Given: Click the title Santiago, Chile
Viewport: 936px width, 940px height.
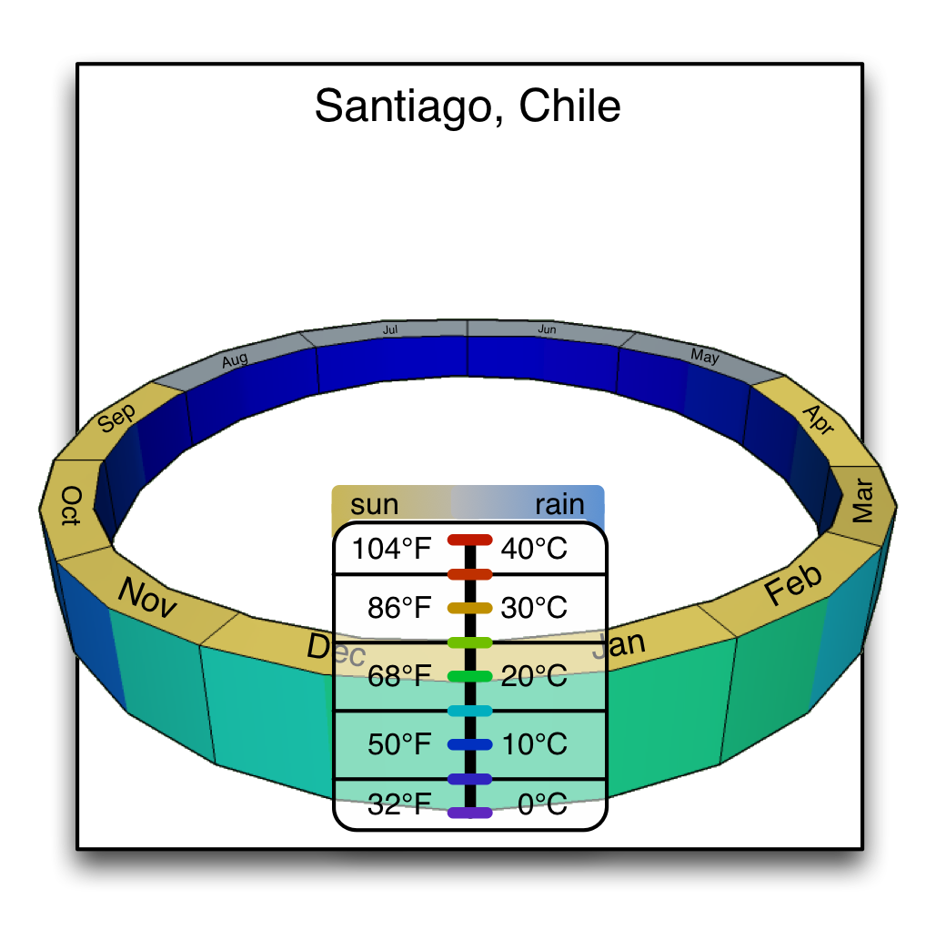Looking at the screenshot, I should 468,107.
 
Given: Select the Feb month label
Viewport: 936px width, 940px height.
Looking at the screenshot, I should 793,584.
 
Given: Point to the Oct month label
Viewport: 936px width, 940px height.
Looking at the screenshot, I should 71,507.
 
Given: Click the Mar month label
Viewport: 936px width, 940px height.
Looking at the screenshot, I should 862,501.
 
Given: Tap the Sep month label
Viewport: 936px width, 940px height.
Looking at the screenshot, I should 117,418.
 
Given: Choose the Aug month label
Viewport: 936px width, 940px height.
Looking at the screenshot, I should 235,361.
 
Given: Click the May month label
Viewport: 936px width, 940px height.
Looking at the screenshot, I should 704,356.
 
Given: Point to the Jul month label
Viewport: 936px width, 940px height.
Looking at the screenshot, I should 391,329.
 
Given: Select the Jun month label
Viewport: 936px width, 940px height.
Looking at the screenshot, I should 547,329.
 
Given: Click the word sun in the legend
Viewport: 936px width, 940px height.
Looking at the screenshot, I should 375,504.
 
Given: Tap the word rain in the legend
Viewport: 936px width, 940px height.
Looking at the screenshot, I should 559,504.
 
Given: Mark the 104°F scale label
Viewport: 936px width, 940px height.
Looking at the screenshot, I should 392,549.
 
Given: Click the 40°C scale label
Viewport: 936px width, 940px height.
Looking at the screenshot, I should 534,549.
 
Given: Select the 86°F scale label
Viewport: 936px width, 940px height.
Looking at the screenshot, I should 398,608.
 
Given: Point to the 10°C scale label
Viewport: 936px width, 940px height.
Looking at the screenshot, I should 534,744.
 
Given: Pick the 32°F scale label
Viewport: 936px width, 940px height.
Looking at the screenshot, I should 398,804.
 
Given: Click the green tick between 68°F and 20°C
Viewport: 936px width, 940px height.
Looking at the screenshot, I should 469,676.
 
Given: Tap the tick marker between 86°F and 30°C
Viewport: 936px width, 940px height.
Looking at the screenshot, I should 469,607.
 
